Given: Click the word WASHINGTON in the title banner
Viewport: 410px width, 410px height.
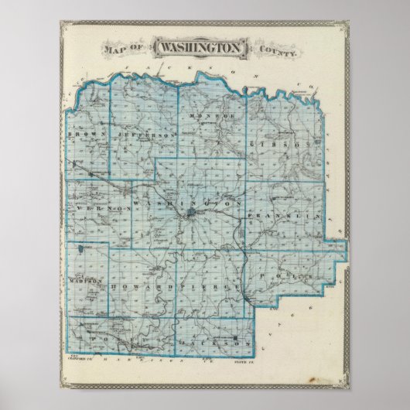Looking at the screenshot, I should tap(202, 48).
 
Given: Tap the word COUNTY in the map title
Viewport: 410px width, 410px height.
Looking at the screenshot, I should tap(275, 51).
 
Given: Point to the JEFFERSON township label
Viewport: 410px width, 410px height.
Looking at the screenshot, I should tap(147, 134).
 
